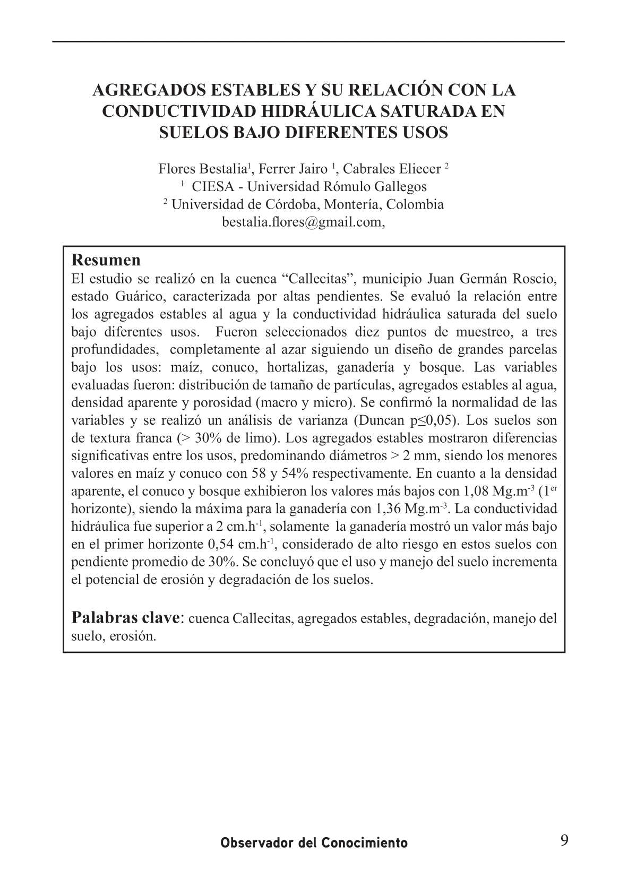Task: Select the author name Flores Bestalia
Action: point(202,169)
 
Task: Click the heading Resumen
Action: point(106,260)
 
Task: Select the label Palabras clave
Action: point(126,618)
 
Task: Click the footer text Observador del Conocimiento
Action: point(314,843)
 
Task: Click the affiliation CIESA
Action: point(214,187)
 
